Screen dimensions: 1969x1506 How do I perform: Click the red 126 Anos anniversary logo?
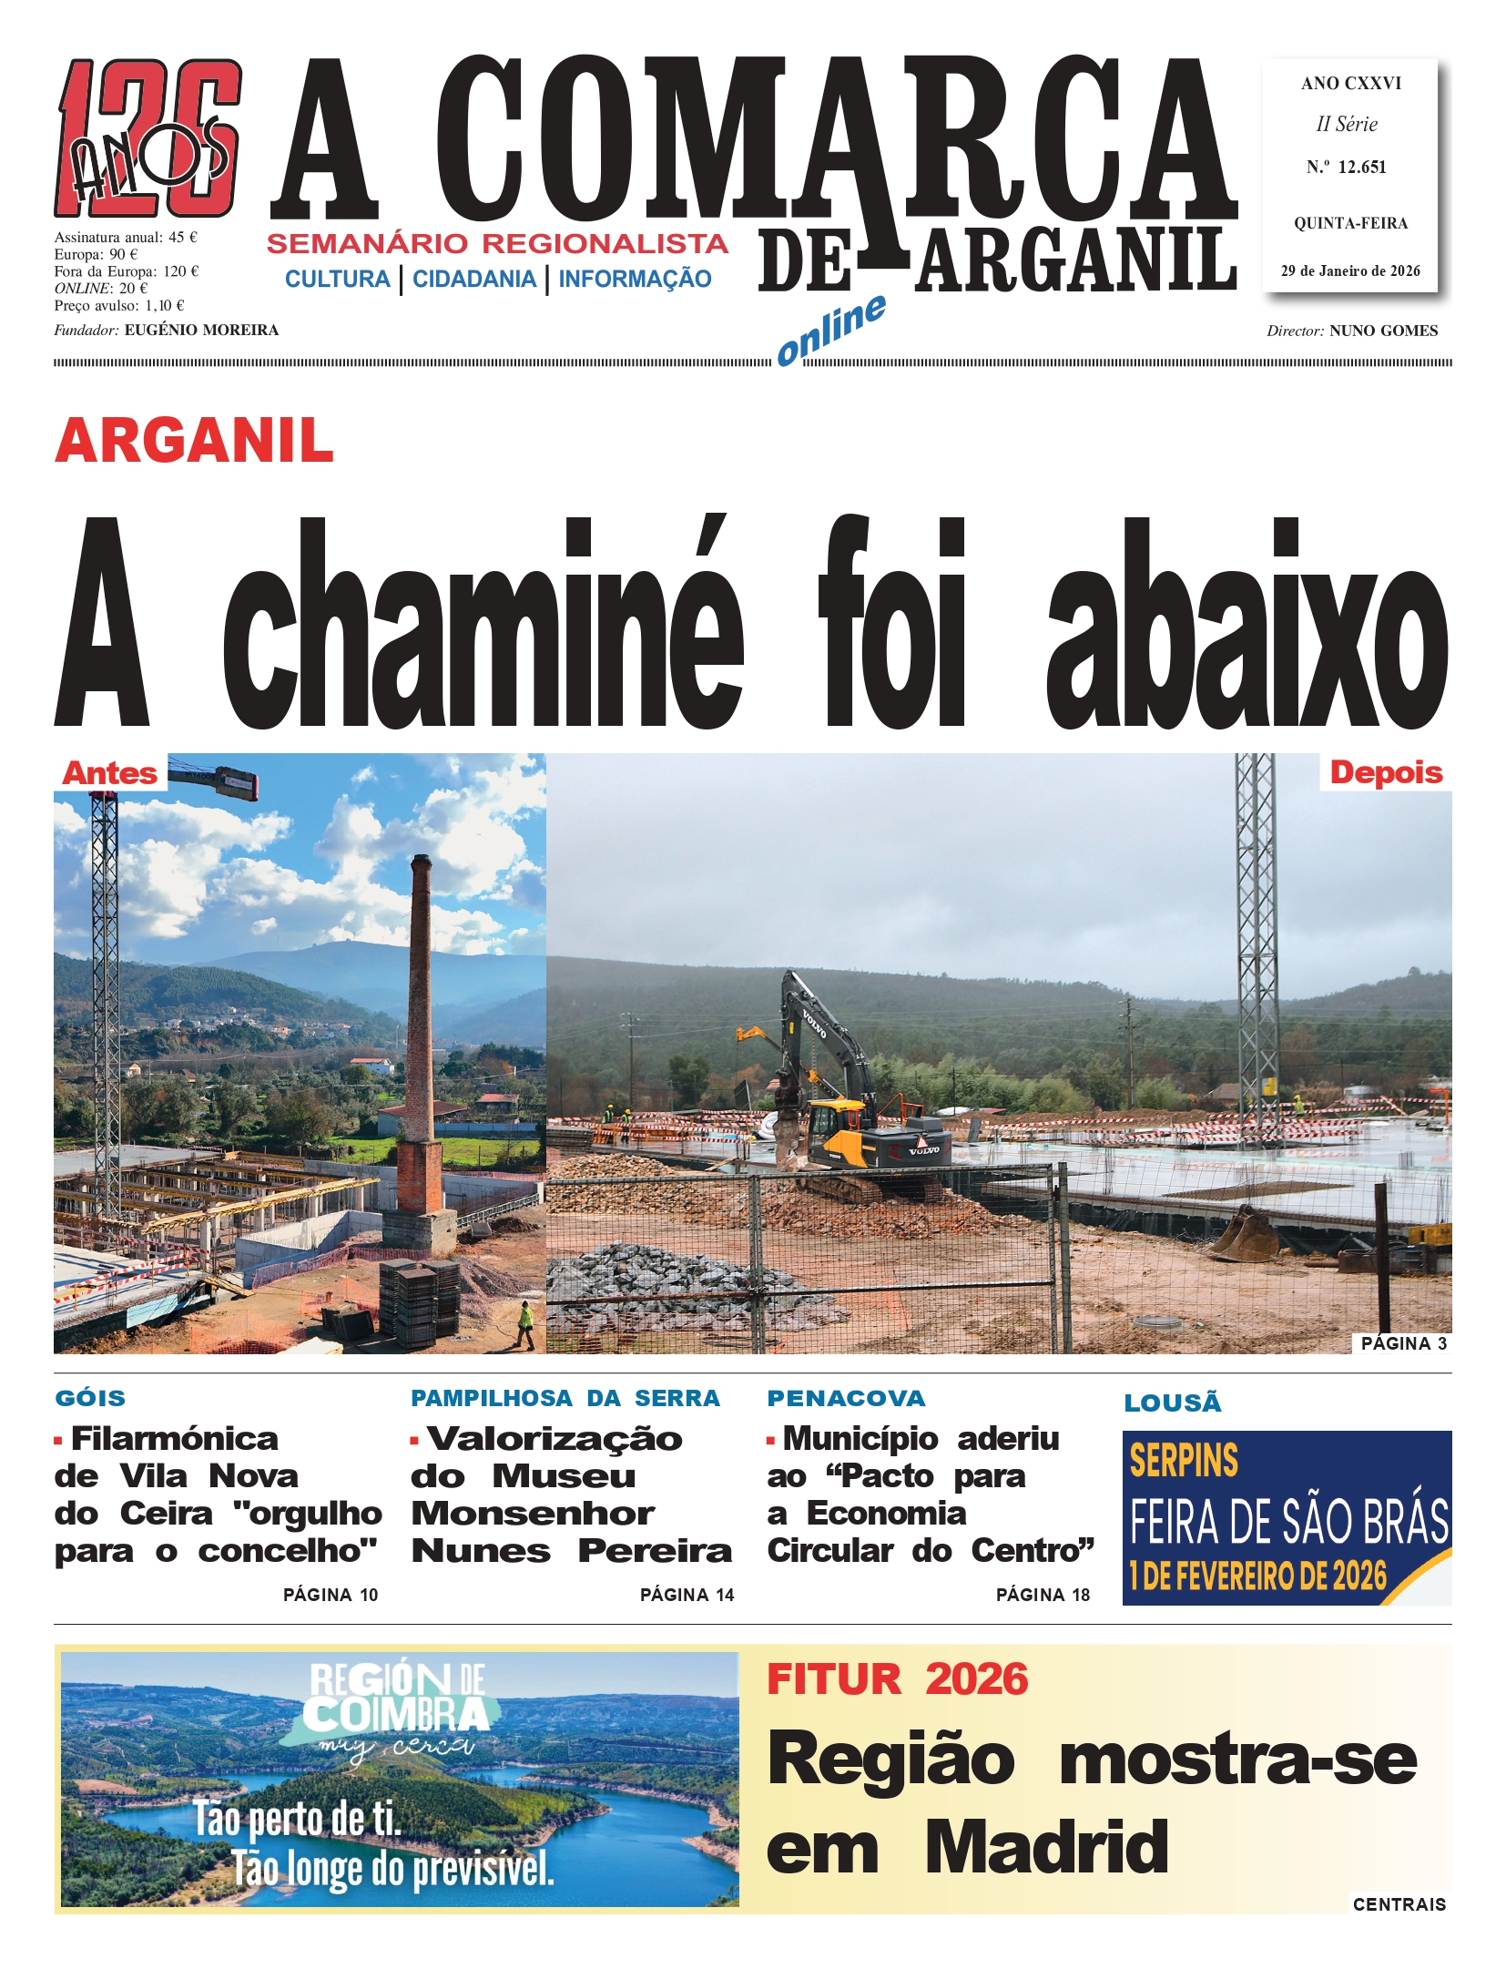tap(148, 138)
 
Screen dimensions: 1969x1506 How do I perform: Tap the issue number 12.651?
tap(1361, 168)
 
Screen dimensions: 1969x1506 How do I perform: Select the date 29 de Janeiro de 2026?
tap(1349, 270)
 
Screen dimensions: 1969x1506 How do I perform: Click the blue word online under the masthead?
tap(830, 330)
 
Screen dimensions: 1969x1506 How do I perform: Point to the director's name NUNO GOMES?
tap(1383, 331)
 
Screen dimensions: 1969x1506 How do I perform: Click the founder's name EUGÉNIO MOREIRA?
tap(201, 330)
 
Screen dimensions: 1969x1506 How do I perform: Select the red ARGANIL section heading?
tap(194, 441)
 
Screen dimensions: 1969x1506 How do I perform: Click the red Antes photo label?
tap(109, 773)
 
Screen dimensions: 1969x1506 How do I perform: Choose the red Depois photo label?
tap(1386, 773)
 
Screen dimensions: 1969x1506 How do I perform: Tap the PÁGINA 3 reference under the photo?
tap(1403, 1343)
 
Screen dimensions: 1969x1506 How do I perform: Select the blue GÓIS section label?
tap(90, 1398)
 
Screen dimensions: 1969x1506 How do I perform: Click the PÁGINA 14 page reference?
tap(687, 1595)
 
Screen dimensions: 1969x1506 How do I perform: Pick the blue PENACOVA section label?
tap(846, 1398)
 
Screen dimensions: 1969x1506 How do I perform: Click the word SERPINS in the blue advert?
tap(1184, 1461)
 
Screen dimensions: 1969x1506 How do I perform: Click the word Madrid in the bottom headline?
tap(1046, 1848)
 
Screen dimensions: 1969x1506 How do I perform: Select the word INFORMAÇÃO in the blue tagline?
tap(635, 279)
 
